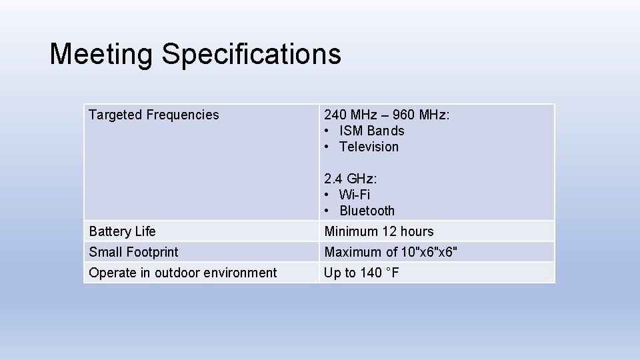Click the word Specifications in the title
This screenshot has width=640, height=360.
(x=251, y=55)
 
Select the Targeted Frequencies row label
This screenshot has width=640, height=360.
(x=153, y=115)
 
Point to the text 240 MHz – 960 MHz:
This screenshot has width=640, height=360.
(x=387, y=115)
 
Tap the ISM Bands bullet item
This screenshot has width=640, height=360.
(x=371, y=131)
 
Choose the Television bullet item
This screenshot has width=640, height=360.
(x=369, y=147)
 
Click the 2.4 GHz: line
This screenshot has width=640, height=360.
(x=350, y=179)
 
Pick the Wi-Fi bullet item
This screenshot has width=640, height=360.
(x=354, y=195)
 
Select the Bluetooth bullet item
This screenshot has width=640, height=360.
(x=367, y=211)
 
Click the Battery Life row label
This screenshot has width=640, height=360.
(x=122, y=231)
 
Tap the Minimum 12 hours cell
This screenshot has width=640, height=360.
(x=379, y=231)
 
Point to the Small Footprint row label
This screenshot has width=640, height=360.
(x=133, y=252)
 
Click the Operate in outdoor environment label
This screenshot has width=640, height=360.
(x=183, y=273)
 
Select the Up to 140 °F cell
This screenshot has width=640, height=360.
(x=361, y=273)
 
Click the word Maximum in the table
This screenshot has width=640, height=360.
(x=353, y=252)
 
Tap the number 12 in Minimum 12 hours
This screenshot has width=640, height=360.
(x=389, y=231)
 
